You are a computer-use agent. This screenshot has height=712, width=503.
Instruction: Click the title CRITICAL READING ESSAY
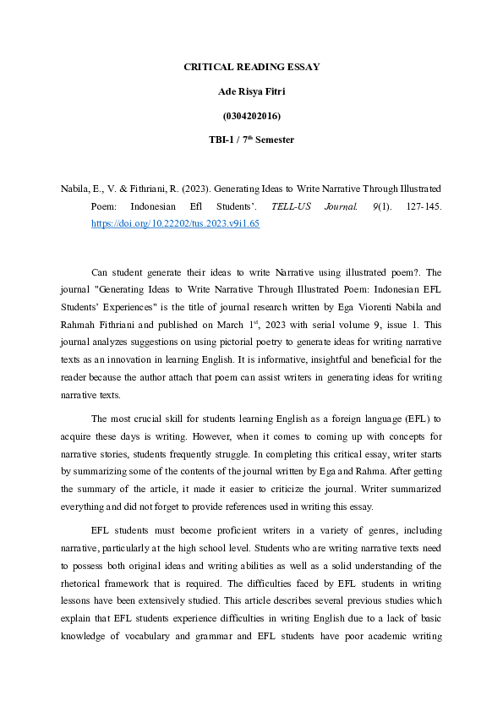251,67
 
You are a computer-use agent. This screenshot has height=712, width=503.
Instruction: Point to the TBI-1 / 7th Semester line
251,140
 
